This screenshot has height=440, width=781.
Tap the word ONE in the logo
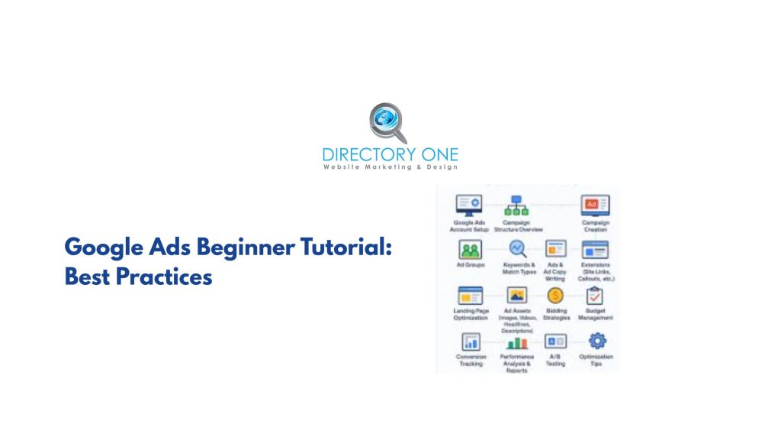(x=434, y=156)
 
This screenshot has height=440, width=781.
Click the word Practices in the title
(x=164, y=277)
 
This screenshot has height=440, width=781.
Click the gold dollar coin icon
(x=555, y=296)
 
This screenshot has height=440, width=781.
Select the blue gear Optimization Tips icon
(x=597, y=341)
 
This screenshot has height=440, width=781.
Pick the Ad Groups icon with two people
(x=470, y=250)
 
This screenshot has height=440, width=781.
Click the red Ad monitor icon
(x=595, y=205)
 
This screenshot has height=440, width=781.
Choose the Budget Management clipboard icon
(x=595, y=296)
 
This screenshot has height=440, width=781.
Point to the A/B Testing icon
(x=555, y=341)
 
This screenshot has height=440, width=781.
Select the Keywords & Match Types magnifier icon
(x=517, y=249)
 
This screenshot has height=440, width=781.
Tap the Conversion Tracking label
(x=471, y=361)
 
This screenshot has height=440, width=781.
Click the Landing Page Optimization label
(x=471, y=315)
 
